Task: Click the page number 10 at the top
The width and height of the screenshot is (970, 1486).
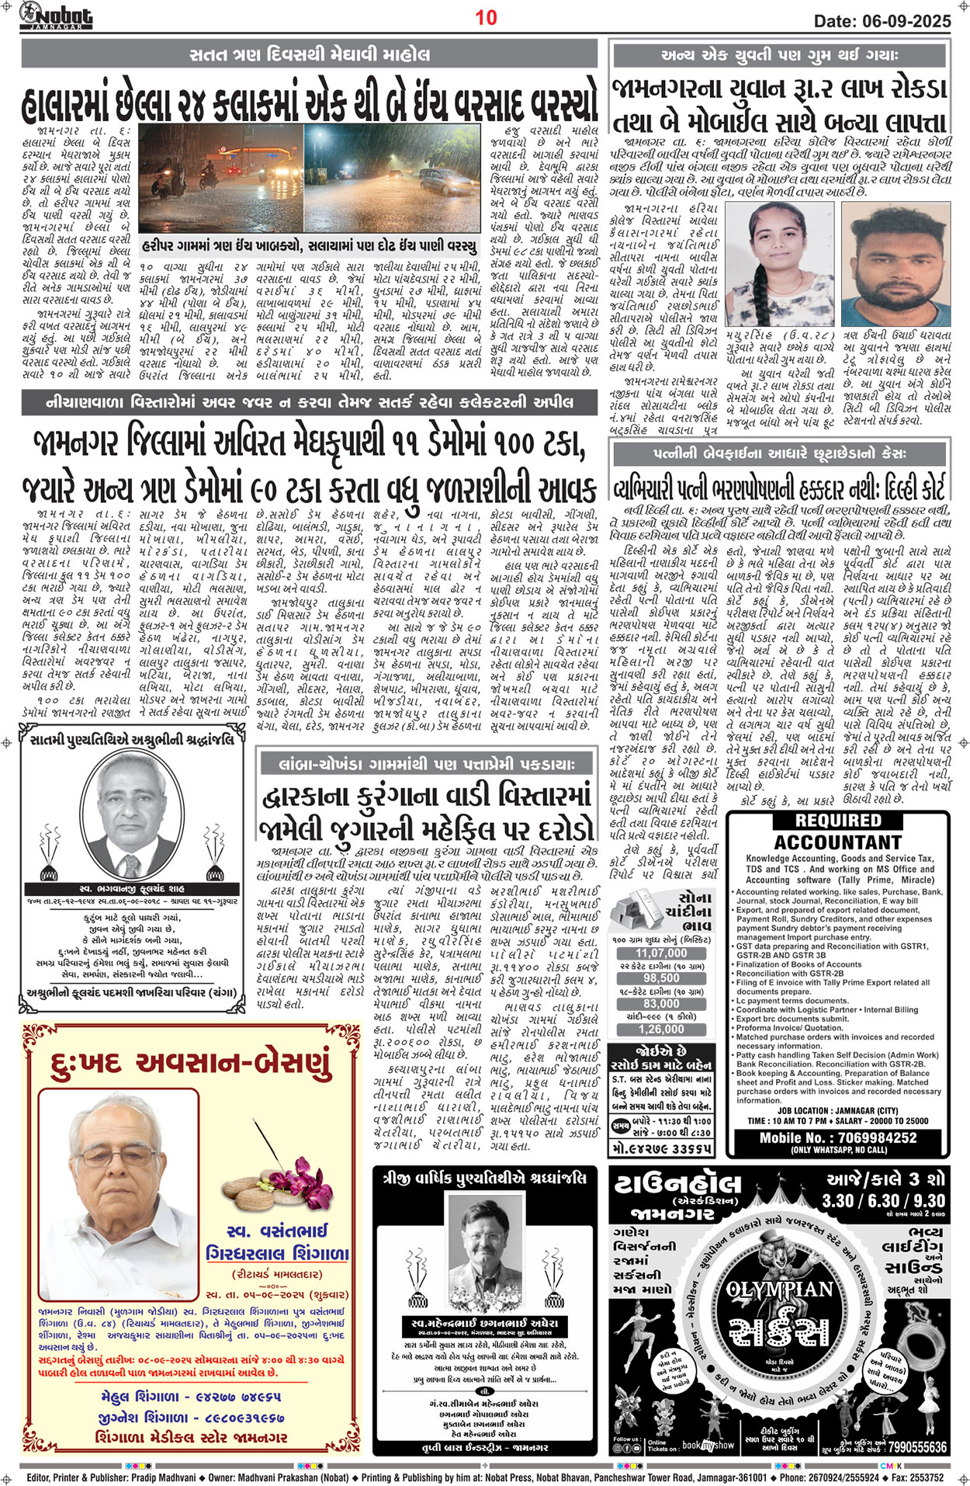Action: [x=486, y=16]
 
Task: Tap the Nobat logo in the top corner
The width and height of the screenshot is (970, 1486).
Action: [x=56, y=16]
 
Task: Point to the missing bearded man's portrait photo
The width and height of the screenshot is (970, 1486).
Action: [x=892, y=264]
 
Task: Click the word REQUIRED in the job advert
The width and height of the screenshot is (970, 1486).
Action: [x=838, y=821]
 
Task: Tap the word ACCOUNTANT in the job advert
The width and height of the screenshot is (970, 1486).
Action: [x=838, y=842]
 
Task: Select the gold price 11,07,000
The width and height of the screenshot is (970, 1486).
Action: [x=661, y=953]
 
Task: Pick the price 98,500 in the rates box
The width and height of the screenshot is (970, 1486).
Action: [x=661, y=979]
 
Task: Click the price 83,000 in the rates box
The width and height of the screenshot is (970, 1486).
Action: [x=661, y=1004]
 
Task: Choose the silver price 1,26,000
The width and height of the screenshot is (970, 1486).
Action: [x=661, y=1029]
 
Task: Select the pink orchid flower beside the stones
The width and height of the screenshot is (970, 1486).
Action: [x=300, y=1169]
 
